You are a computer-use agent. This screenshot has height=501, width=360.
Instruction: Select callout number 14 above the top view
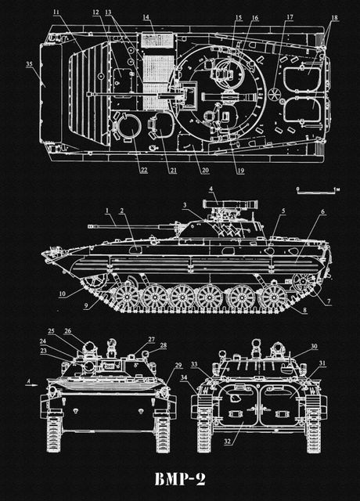[x=146, y=16]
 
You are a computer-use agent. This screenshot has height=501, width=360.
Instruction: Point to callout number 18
[x=334, y=18]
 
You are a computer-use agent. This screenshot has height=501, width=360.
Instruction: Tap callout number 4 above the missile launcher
[x=211, y=189]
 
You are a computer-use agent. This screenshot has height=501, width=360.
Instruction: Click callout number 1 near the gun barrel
[x=106, y=211]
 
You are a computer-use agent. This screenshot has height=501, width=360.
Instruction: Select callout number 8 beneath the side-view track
[x=304, y=311]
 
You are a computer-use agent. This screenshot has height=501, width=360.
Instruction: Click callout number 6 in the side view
[x=322, y=212]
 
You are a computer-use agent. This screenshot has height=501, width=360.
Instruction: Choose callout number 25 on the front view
[x=51, y=332]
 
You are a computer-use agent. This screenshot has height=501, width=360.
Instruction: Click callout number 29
[x=179, y=366]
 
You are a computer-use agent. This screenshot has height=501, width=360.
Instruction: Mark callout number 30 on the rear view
[x=314, y=346]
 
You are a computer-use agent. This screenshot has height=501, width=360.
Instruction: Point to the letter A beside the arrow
[x=28, y=381]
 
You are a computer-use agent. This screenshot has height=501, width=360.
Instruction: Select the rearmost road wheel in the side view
[x=273, y=295]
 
